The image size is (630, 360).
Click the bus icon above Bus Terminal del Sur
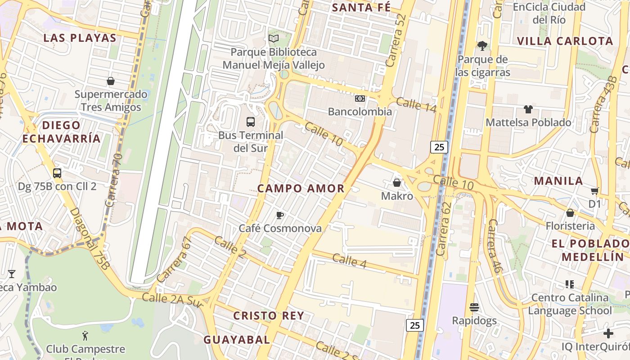[x=251, y=121]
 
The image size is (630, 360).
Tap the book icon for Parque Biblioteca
[x=274, y=39]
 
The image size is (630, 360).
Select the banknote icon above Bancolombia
[x=360, y=98]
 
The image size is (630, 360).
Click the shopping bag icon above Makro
[x=397, y=182]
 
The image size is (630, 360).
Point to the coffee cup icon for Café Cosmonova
[x=279, y=215]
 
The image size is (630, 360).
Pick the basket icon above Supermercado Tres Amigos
[x=111, y=81]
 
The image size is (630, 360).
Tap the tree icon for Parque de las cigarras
[x=482, y=45]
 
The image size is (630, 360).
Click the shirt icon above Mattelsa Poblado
[x=528, y=109]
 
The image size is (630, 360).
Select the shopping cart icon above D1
[x=595, y=191]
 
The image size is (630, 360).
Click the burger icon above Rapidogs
[x=474, y=307]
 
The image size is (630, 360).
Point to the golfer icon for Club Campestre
[x=85, y=335]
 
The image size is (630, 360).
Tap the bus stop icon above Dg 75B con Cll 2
[x=57, y=173]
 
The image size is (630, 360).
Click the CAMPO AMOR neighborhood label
[x=301, y=189]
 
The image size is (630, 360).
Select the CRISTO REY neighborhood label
[x=269, y=316]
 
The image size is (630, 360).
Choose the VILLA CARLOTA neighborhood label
[x=565, y=41]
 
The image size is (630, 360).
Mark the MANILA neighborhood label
[x=558, y=181]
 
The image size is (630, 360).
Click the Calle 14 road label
[x=416, y=104]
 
